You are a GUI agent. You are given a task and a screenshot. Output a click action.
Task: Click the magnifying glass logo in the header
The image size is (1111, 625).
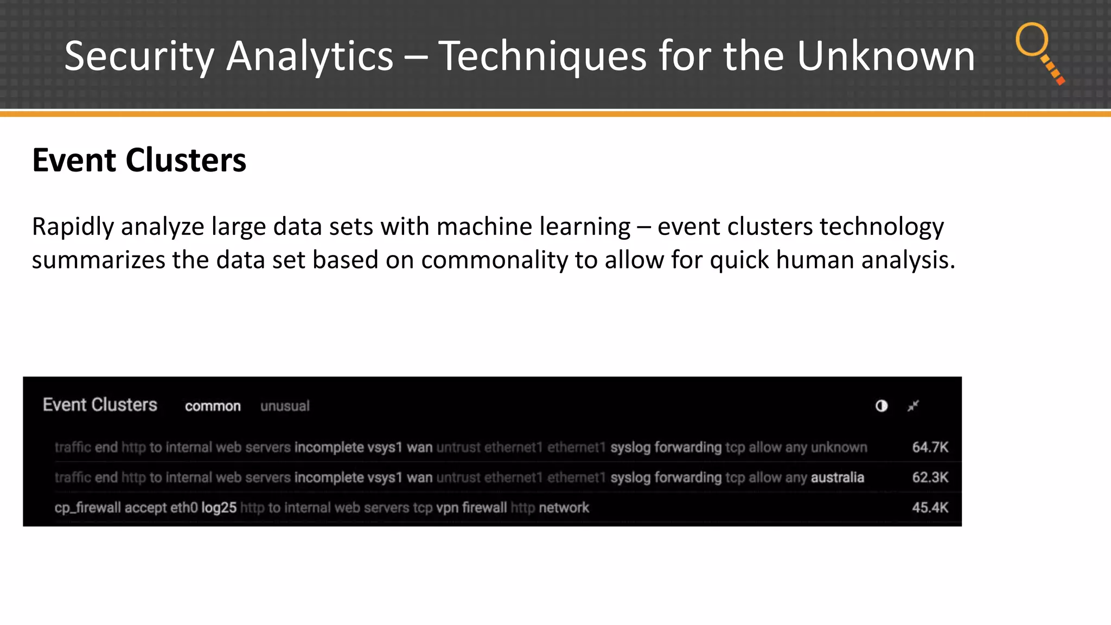click(x=1039, y=52)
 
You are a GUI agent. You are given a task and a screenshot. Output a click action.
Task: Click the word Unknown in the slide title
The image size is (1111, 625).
click(x=885, y=56)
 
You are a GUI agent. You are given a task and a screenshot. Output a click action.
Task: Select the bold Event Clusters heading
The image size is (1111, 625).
click(x=139, y=160)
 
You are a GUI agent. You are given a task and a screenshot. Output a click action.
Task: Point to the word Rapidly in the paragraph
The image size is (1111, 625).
click(x=73, y=227)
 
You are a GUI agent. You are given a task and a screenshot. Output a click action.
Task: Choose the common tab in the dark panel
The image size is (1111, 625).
click(x=213, y=406)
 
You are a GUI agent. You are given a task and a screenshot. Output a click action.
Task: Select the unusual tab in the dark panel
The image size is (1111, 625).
click(x=285, y=406)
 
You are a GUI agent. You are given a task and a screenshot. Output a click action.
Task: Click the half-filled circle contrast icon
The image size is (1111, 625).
click(x=882, y=406)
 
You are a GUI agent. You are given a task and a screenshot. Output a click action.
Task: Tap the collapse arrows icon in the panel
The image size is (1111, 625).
click(x=914, y=406)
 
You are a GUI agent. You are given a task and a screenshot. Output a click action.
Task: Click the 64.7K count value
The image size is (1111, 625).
click(x=930, y=447)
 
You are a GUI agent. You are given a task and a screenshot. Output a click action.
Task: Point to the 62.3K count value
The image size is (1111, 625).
click(x=930, y=477)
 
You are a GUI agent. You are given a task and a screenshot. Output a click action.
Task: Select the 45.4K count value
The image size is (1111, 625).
click(x=930, y=508)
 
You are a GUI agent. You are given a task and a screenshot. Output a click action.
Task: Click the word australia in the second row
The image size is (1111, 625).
click(x=837, y=477)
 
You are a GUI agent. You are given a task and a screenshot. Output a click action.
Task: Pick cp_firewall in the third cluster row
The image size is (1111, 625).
click(x=87, y=508)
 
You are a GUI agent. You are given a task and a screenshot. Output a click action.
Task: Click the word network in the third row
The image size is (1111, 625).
click(x=564, y=508)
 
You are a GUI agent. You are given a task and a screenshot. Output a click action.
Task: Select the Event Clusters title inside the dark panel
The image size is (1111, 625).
click(x=100, y=405)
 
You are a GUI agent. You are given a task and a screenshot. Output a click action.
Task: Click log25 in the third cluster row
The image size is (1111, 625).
click(x=219, y=508)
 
